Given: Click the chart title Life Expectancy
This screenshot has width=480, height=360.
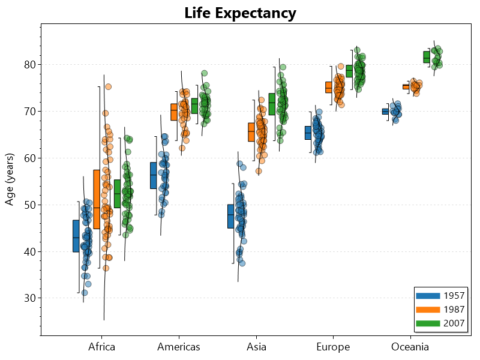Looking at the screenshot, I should pyautogui.click(x=240, y=13).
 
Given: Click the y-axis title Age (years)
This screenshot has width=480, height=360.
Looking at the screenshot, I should pyautogui.click(x=10, y=179).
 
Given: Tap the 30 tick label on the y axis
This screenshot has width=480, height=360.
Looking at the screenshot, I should pyautogui.click(x=29, y=298).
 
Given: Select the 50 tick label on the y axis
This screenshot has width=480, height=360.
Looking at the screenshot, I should pyautogui.click(x=29, y=205).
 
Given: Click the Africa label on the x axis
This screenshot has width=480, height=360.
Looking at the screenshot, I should pyautogui.click(x=101, y=347).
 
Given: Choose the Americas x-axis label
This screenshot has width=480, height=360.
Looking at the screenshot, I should pyautogui.click(x=179, y=347).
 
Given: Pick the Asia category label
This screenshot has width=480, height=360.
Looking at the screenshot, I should pyautogui.click(x=256, y=347).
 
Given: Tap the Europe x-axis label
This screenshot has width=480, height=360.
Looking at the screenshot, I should pyautogui.click(x=333, y=347).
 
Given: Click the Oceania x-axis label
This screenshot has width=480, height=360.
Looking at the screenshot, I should pyautogui.click(x=410, y=347).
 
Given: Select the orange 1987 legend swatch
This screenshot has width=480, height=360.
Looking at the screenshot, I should pyautogui.click(x=427, y=310).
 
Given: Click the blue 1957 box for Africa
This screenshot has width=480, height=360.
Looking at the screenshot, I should pyautogui.click(x=76, y=236).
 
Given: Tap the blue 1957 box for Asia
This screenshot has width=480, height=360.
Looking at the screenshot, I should pyautogui.click(x=230, y=216).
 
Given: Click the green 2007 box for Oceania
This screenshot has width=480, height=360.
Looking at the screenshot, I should pyautogui.click(x=426, y=57).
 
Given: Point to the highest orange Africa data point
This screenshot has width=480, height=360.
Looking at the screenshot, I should pyautogui.click(x=109, y=87).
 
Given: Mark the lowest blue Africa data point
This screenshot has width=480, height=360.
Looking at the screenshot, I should pyautogui.click(x=85, y=293).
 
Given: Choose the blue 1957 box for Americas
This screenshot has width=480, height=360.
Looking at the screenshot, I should pyautogui.click(x=153, y=175).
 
